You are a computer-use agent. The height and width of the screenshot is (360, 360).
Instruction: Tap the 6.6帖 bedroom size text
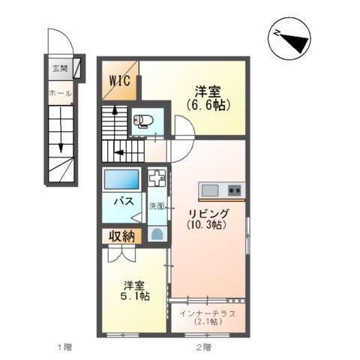click(x=208, y=105)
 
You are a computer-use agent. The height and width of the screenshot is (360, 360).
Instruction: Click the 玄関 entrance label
click(x=60, y=68)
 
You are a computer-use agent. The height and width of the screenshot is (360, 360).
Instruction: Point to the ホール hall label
click(x=59, y=93)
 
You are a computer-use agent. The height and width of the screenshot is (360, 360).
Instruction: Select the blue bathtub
click(x=121, y=180)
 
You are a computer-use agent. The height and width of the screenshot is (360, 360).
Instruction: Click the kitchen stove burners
click(x=234, y=190)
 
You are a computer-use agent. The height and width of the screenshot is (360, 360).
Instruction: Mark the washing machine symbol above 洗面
click(x=157, y=180)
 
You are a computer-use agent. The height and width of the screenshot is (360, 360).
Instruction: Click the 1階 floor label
click(x=64, y=347)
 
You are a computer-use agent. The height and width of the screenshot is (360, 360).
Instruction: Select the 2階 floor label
click(x=203, y=347)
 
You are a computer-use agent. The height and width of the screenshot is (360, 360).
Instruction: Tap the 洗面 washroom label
click(x=156, y=205)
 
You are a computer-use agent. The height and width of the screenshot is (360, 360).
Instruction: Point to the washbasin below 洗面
click(x=156, y=232)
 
